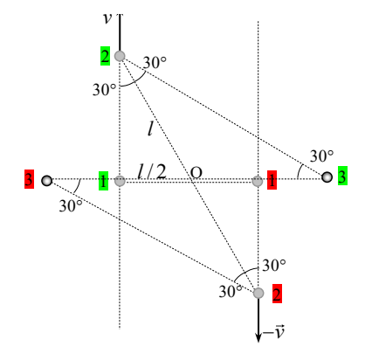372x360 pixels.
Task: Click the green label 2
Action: (105, 56)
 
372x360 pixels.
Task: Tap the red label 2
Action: (277, 294)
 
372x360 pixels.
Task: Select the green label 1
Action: (103, 181)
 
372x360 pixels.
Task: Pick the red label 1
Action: (272, 180)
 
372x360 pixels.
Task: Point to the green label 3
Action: (342, 176)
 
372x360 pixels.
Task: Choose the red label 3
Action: (29, 179)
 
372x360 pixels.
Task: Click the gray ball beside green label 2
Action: (120, 56)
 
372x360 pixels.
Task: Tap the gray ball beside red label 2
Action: (258, 293)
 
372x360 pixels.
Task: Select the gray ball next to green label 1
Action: (120, 181)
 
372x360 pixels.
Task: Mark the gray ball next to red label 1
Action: (258, 181)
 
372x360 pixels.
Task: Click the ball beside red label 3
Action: (46, 181)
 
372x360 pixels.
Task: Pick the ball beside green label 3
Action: (327, 177)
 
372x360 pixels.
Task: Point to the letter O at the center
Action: (196, 172)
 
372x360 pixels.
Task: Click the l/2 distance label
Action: (152, 171)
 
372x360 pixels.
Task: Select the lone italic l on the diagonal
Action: (150, 128)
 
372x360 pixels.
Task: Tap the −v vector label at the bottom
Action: (273, 331)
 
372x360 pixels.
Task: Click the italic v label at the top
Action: (107, 18)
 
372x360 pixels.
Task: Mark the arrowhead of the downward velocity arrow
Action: (258, 337)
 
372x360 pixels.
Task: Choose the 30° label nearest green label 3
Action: (321, 156)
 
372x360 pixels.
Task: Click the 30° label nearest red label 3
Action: (71, 206)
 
